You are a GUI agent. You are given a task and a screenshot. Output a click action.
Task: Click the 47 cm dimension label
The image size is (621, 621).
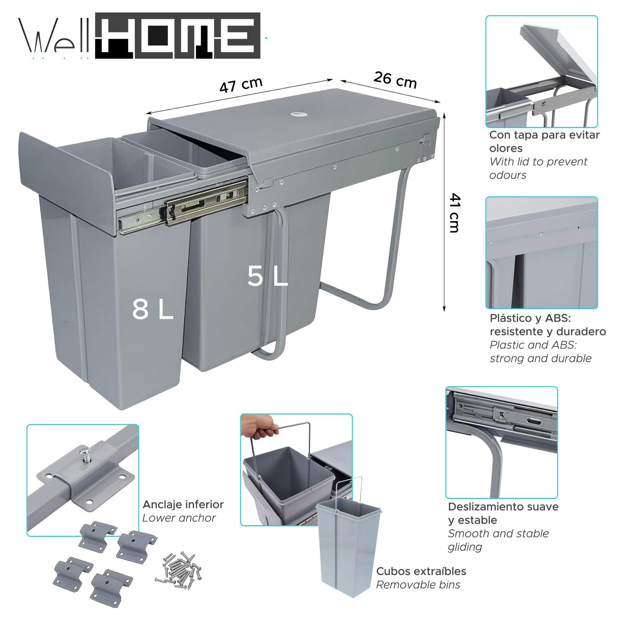click(241, 85)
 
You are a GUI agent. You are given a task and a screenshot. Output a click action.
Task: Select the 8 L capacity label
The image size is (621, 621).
click(152, 310)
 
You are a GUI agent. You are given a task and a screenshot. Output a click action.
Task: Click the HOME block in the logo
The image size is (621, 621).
click(178, 36)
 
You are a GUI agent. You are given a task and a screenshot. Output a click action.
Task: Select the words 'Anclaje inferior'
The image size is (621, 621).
click(183, 504)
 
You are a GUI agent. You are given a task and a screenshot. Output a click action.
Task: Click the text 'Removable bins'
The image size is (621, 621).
click(418, 584)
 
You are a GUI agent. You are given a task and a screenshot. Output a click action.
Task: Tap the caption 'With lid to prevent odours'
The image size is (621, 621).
click(538, 168)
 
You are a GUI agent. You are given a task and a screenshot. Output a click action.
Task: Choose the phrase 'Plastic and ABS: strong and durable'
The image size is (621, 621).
click(540, 352)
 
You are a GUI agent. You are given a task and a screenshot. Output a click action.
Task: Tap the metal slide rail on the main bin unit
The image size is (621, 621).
click(183, 207)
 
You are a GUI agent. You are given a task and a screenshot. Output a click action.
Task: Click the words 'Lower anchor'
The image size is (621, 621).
click(179, 518)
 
